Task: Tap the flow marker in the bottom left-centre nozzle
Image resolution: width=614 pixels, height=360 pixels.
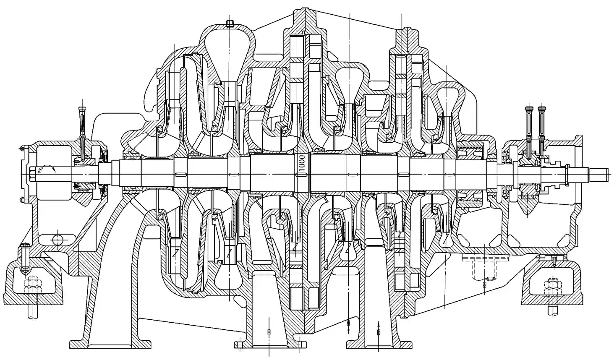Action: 269,331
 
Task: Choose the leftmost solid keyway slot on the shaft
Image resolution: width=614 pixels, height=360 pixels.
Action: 180,174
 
